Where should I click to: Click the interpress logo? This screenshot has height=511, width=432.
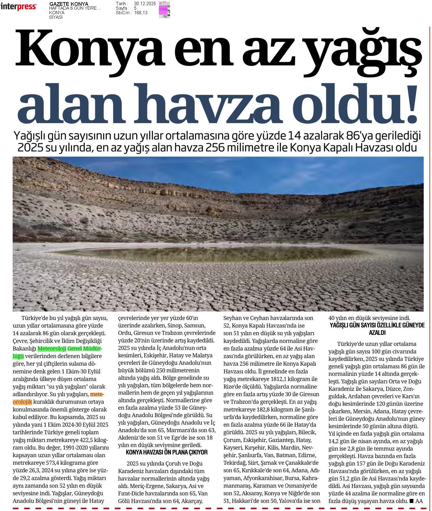point(19,7)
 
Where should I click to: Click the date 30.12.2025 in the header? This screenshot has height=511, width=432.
point(145,4)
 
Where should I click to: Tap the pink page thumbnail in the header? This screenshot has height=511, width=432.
point(164,9)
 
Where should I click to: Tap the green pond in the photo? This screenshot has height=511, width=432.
point(209,254)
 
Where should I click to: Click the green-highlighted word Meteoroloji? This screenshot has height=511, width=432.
point(52,349)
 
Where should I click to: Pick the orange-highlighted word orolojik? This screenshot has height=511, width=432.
point(22,402)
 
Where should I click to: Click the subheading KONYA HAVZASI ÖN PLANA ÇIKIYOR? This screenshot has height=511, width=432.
point(167,453)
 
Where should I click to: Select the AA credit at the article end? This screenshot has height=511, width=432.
point(419,501)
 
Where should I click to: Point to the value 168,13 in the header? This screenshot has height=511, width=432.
point(140,13)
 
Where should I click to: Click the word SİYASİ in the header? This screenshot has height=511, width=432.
point(56,17)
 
